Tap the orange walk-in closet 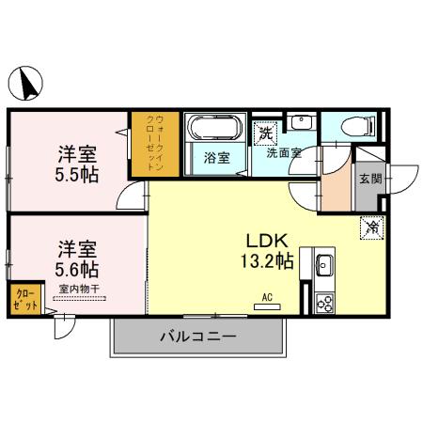coord(155,146)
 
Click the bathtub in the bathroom coord(216,128)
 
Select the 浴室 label coord(216,158)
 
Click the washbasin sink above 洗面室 coord(299,124)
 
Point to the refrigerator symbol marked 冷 coord(372,226)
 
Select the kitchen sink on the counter coord(325,266)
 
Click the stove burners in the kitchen coord(325,303)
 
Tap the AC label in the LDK coord(267,298)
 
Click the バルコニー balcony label coord(196,337)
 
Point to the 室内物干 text coord(79,289)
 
